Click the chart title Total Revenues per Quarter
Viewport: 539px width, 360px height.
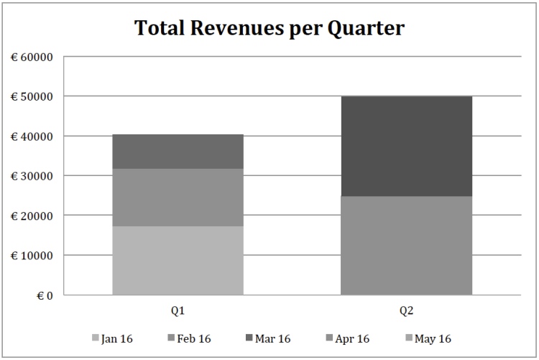coord(269,28)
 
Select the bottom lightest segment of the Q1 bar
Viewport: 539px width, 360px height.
coord(178,260)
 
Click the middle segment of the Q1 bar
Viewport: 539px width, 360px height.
coord(178,198)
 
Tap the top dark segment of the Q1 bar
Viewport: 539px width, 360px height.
coord(178,152)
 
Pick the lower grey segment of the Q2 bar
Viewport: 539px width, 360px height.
coord(406,246)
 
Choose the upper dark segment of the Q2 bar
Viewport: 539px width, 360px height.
coord(406,146)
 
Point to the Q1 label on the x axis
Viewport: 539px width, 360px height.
coord(178,311)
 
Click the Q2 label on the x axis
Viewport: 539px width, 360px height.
coord(406,311)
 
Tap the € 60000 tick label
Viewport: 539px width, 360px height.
coord(32,57)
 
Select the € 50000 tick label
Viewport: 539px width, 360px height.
coord(32,96)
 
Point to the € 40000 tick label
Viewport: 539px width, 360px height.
coord(32,137)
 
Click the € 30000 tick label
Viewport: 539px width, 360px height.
coord(32,176)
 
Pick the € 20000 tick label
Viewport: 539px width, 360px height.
coord(32,216)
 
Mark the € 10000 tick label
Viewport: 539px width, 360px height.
coord(32,256)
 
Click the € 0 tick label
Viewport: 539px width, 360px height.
coord(45,295)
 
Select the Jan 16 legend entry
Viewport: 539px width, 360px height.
coord(112,338)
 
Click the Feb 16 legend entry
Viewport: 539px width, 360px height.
coord(190,338)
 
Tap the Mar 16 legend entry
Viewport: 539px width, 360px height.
coord(268,338)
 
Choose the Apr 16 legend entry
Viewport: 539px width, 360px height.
coord(348,338)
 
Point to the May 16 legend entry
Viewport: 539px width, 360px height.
coord(428,338)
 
